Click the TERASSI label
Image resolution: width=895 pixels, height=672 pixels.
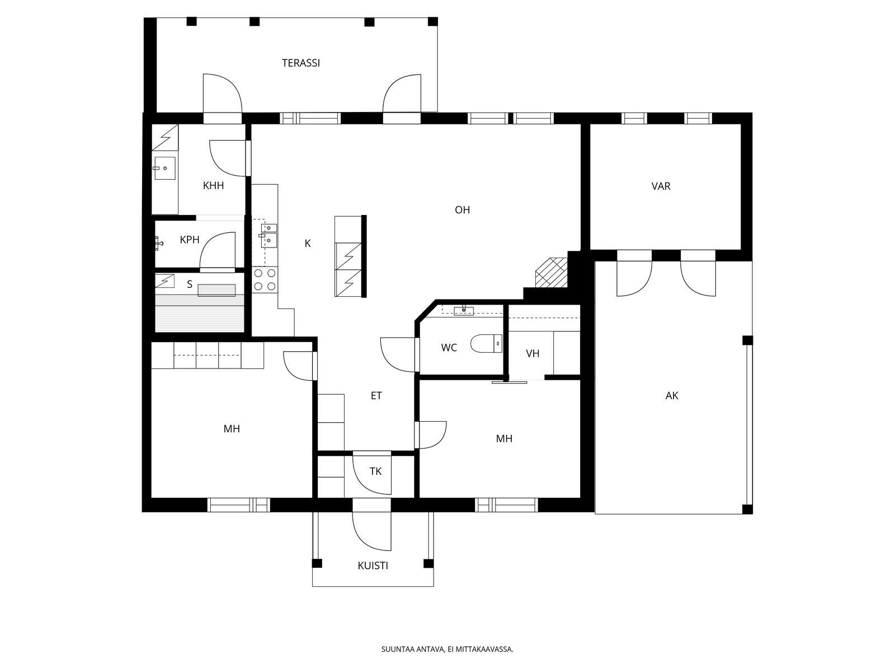click(x=300, y=63)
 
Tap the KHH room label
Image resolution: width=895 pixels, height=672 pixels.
click(x=213, y=186)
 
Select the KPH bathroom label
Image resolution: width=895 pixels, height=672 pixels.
click(x=190, y=240)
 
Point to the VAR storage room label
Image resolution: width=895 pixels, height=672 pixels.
click(x=661, y=186)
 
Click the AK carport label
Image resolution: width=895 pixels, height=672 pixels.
click(x=672, y=395)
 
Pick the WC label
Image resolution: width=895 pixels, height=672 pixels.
click(x=449, y=348)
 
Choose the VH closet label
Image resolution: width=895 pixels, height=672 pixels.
click(x=533, y=353)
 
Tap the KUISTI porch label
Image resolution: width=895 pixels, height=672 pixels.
click(x=373, y=566)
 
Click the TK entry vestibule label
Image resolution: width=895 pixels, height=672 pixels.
click(x=375, y=472)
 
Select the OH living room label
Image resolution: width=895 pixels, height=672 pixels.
click(x=463, y=209)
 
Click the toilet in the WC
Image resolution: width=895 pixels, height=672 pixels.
click(x=486, y=343)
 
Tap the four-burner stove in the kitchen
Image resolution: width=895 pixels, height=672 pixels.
click(x=265, y=279)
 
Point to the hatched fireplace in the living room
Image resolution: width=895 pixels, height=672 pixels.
click(x=552, y=272)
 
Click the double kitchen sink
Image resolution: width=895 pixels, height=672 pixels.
click(x=268, y=236)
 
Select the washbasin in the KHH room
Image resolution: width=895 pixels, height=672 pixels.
click(x=164, y=168)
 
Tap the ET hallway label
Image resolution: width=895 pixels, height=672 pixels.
click(x=376, y=395)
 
